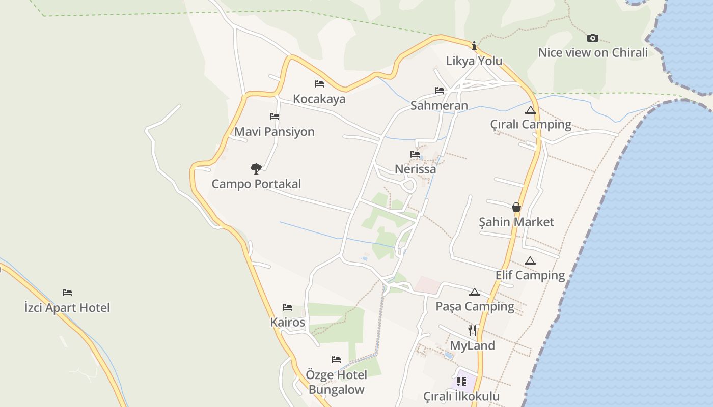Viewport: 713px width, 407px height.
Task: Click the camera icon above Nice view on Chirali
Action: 592,38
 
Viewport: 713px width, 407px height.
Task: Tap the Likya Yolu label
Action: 474,61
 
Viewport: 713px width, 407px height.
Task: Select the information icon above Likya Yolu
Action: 474,46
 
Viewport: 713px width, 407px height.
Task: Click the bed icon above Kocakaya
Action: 319,84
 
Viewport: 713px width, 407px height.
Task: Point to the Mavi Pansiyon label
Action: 275,132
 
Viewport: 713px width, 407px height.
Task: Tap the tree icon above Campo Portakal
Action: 256,168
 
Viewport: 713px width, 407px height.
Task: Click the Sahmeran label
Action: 439,106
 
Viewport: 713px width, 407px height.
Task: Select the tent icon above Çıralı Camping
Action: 531,110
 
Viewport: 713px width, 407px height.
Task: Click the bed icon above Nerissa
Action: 415,154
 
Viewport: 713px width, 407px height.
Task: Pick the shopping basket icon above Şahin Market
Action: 516,207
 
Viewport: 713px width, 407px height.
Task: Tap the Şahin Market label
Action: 516,222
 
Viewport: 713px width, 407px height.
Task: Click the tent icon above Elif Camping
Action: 530,261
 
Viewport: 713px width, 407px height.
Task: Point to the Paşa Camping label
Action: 475,306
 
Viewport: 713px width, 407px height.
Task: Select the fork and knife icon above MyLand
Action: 472,331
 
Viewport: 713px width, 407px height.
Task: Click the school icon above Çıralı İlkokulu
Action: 461,382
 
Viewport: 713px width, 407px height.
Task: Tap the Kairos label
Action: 288,322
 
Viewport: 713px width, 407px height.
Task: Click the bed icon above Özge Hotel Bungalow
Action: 336,360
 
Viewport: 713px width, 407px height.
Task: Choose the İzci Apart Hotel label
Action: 67,307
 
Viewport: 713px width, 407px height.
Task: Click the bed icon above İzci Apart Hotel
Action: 67,293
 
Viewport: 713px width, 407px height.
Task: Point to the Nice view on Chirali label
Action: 593,52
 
